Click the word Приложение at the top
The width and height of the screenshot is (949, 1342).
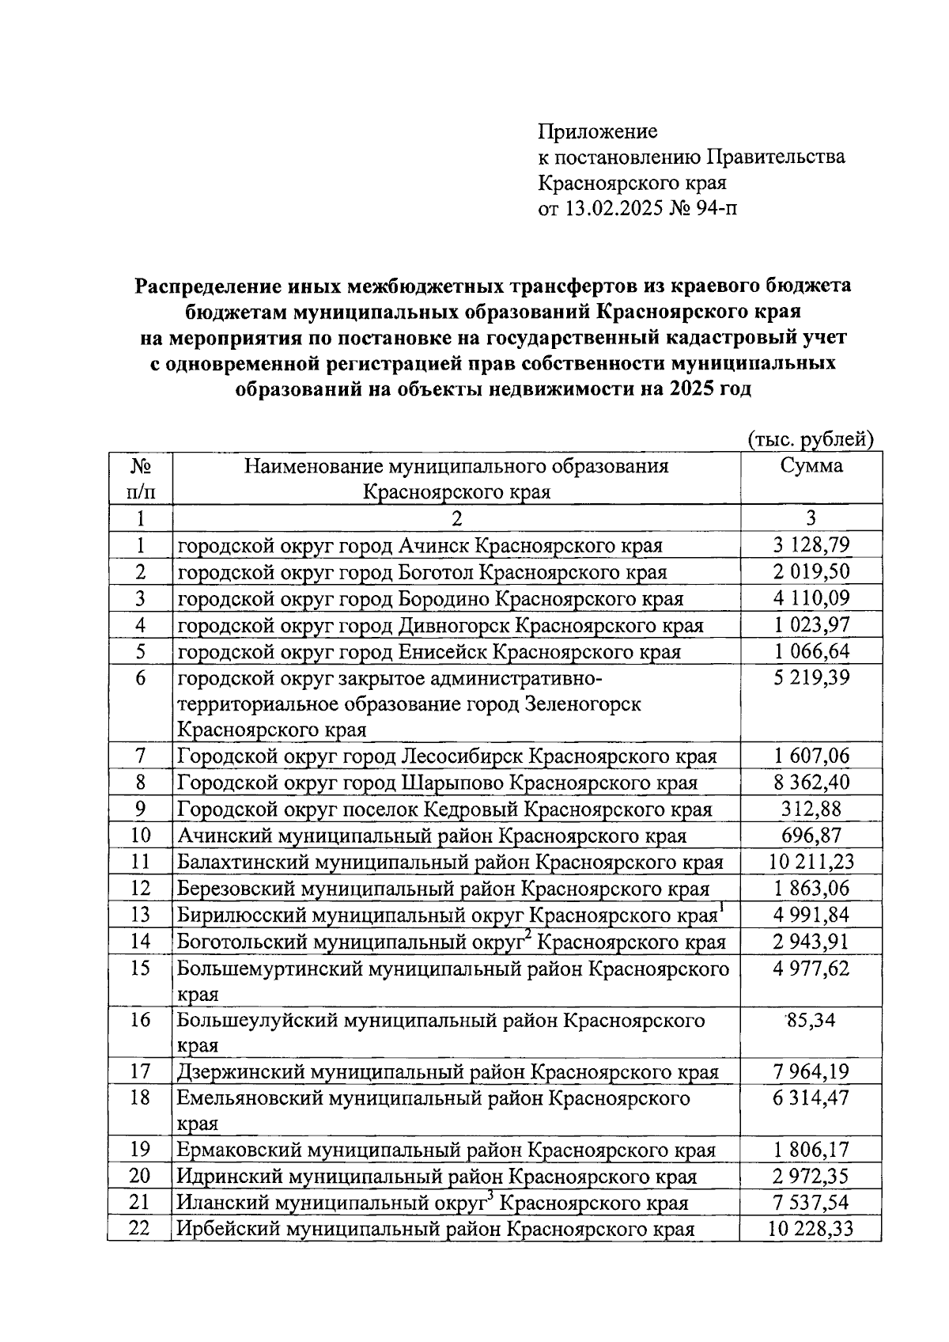[x=597, y=131]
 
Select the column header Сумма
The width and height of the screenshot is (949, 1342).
[x=811, y=465]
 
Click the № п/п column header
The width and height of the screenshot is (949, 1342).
[x=140, y=479]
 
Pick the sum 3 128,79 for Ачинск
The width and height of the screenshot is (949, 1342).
[x=811, y=545]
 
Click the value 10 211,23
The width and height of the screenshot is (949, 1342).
[x=811, y=862]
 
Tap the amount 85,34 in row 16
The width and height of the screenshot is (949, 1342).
[x=811, y=1020]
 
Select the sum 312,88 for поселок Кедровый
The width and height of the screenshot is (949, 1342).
[x=811, y=809]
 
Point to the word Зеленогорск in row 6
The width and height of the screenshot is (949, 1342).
[x=583, y=703]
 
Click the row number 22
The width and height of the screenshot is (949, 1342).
[x=140, y=1229]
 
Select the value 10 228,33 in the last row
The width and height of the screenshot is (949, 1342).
[x=811, y=1229]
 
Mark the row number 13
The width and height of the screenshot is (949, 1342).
[x=140, y=915]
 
